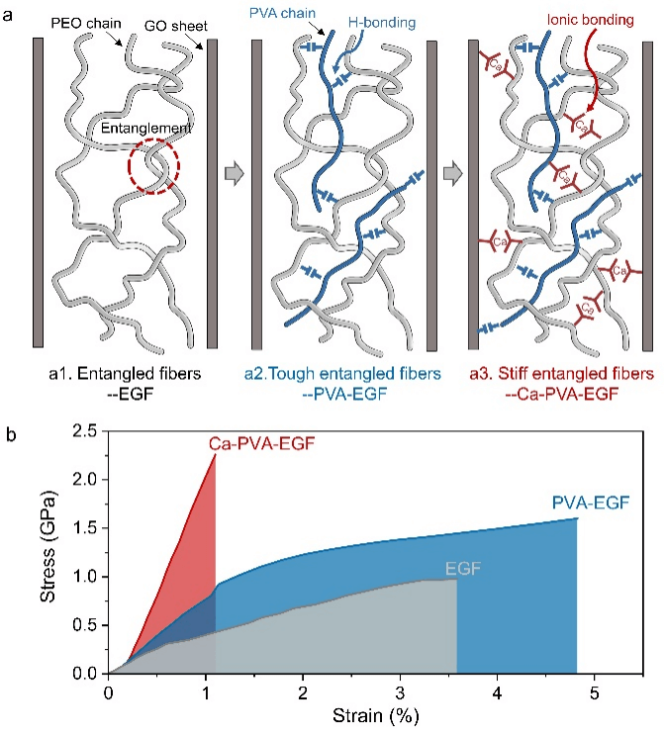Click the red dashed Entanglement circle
pyautogui.click(x=153, y=168)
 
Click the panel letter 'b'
pyautogui.click(x=10, y=433)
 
